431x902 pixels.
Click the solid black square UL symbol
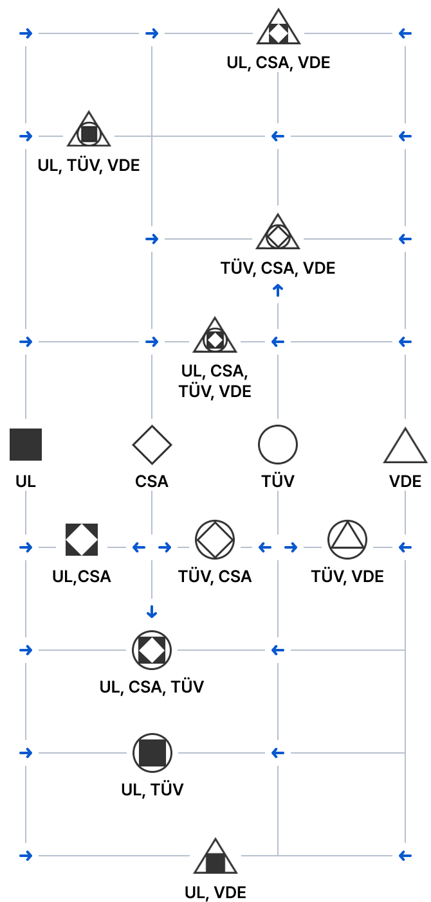coord(26,445)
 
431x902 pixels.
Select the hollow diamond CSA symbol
coord(152,445)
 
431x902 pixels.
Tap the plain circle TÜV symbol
coord(278,445)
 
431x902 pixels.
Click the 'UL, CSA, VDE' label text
coord(279,62)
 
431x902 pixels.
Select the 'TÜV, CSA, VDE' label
coord(278,268)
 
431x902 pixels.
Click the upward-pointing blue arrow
coord(278,290)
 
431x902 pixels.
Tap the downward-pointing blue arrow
coord(152,612)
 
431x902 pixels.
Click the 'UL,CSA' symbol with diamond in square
coord(82,540)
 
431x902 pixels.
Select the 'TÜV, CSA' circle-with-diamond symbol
coord(215,540)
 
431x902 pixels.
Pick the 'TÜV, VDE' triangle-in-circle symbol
coord(347,540)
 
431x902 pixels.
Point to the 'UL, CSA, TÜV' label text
coord(152,687)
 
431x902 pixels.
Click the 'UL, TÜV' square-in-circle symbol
coord(152,753)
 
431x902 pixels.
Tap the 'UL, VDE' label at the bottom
coord(215,892)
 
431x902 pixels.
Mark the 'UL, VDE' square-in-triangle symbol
coord(215,856)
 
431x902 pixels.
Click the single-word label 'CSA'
coord(152,481)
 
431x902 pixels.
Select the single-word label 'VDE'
coord(405,481)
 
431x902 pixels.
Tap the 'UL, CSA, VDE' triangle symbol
coord(279,27)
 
